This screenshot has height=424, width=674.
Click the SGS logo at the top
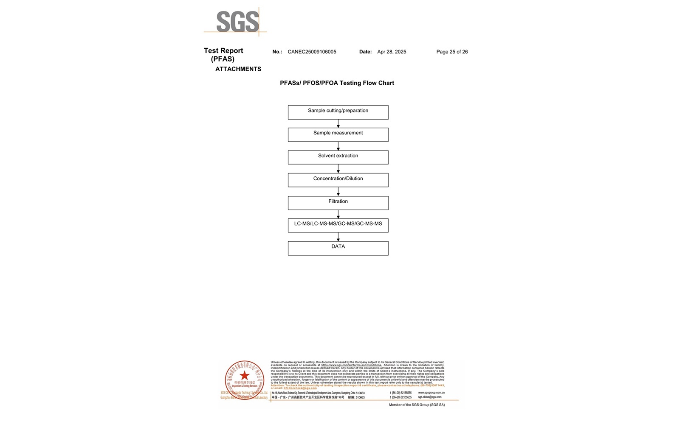237,22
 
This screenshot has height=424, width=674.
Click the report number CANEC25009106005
312,52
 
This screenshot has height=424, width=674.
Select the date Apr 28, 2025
392,52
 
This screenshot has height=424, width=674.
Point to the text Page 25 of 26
452,52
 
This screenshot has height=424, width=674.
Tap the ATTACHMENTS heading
238,69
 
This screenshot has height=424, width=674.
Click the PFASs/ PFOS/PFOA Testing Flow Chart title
337,83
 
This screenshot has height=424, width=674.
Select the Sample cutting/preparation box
338,112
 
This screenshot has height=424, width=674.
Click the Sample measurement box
338,135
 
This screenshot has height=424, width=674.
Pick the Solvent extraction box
338,157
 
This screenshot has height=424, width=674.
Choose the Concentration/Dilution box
338,180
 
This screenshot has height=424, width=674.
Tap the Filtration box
338,203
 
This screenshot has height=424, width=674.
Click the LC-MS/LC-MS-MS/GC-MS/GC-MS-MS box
338,226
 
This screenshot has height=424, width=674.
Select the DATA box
338,248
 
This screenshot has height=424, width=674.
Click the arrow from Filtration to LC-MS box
338,214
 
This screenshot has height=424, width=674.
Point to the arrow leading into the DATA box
338,237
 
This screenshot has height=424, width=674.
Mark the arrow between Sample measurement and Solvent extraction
338,146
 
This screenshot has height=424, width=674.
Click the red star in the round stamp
245,375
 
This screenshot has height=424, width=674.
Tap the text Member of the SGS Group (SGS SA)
417,405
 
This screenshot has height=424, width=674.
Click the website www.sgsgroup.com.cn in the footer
431,393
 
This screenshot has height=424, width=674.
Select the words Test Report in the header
223,51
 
